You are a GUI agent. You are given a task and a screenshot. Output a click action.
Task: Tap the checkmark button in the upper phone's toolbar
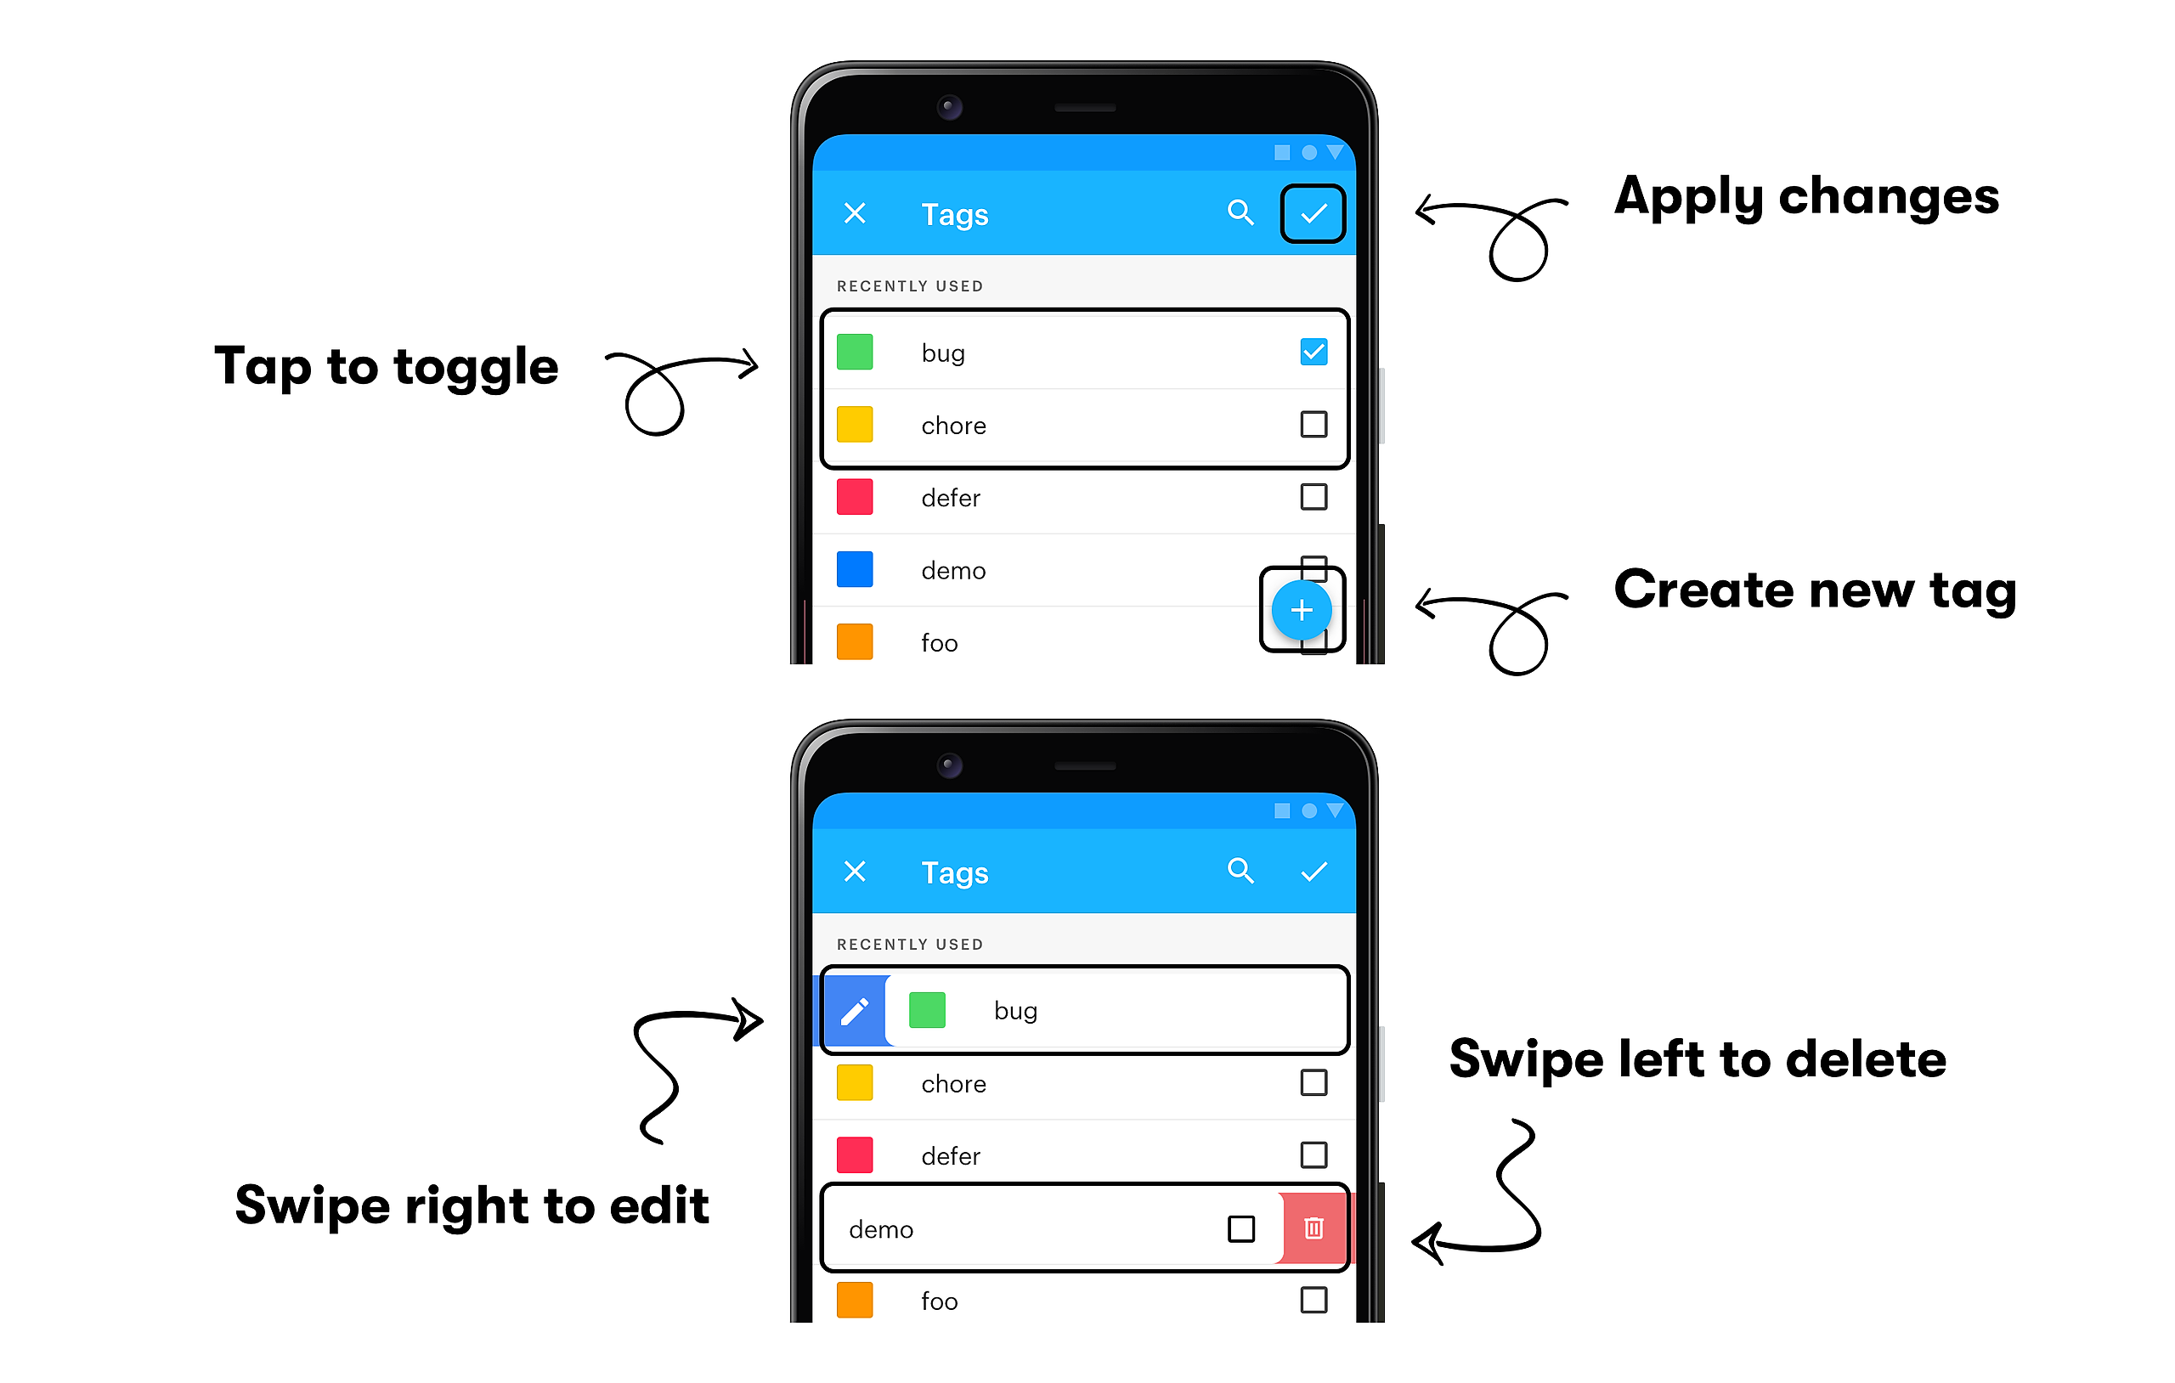click(1313, 213)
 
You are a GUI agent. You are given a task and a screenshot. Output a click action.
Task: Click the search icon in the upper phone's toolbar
click(1241, 213)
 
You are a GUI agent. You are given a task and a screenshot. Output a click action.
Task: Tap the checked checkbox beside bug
click(1313, 352)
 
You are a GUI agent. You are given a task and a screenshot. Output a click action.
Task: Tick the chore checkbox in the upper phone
click(1313, 424)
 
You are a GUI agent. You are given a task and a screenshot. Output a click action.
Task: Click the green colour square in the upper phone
click(855, 352)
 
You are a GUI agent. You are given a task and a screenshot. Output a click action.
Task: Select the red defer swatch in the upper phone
click(855, 497)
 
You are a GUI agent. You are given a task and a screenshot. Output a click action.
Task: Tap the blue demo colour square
click(855, 569)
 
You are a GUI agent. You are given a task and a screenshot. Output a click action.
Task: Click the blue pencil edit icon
click(855, 1012)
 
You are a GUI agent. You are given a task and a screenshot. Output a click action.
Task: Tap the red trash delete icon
click(1313, 1228)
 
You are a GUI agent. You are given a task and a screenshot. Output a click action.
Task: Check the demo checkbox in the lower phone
click(1241, 1228)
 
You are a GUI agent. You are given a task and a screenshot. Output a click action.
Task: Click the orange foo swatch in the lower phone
click(855, 1300)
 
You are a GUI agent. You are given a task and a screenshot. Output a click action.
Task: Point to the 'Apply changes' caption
click(1806, 197)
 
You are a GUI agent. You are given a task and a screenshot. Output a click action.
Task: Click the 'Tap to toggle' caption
click(387, 367)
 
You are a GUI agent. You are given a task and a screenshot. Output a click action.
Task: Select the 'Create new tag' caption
click(1816, 590)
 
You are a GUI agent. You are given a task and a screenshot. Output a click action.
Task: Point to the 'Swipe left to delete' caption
click(1698, 1058)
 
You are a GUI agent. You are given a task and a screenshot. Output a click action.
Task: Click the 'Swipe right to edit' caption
click(472, 1206)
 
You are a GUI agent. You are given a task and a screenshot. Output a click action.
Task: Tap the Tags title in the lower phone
click(955, 872)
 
